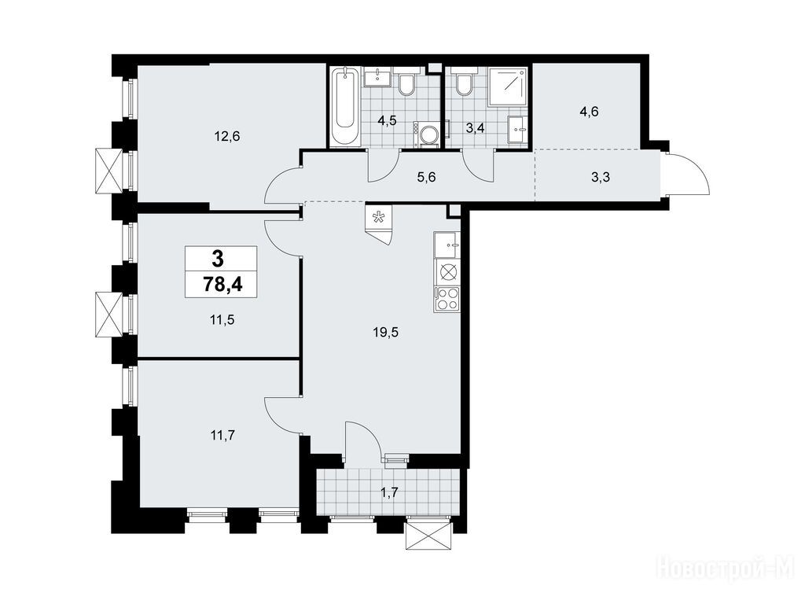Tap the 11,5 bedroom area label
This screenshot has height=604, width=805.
tap(222, 320)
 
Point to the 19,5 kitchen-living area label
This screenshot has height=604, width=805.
tap(385, 333)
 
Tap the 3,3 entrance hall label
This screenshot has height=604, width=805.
tap(600, 178)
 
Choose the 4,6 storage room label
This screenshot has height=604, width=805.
tap(589, 112)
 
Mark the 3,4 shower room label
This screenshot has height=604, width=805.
tap(474, 127)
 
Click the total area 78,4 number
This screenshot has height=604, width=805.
tap(222, 284)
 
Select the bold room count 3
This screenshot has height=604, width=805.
tap(218, 259)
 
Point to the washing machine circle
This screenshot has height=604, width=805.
tap(427, 135)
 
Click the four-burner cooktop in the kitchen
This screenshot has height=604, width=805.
tap(447, 299)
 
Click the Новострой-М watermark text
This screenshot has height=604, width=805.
tap(729, 569)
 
